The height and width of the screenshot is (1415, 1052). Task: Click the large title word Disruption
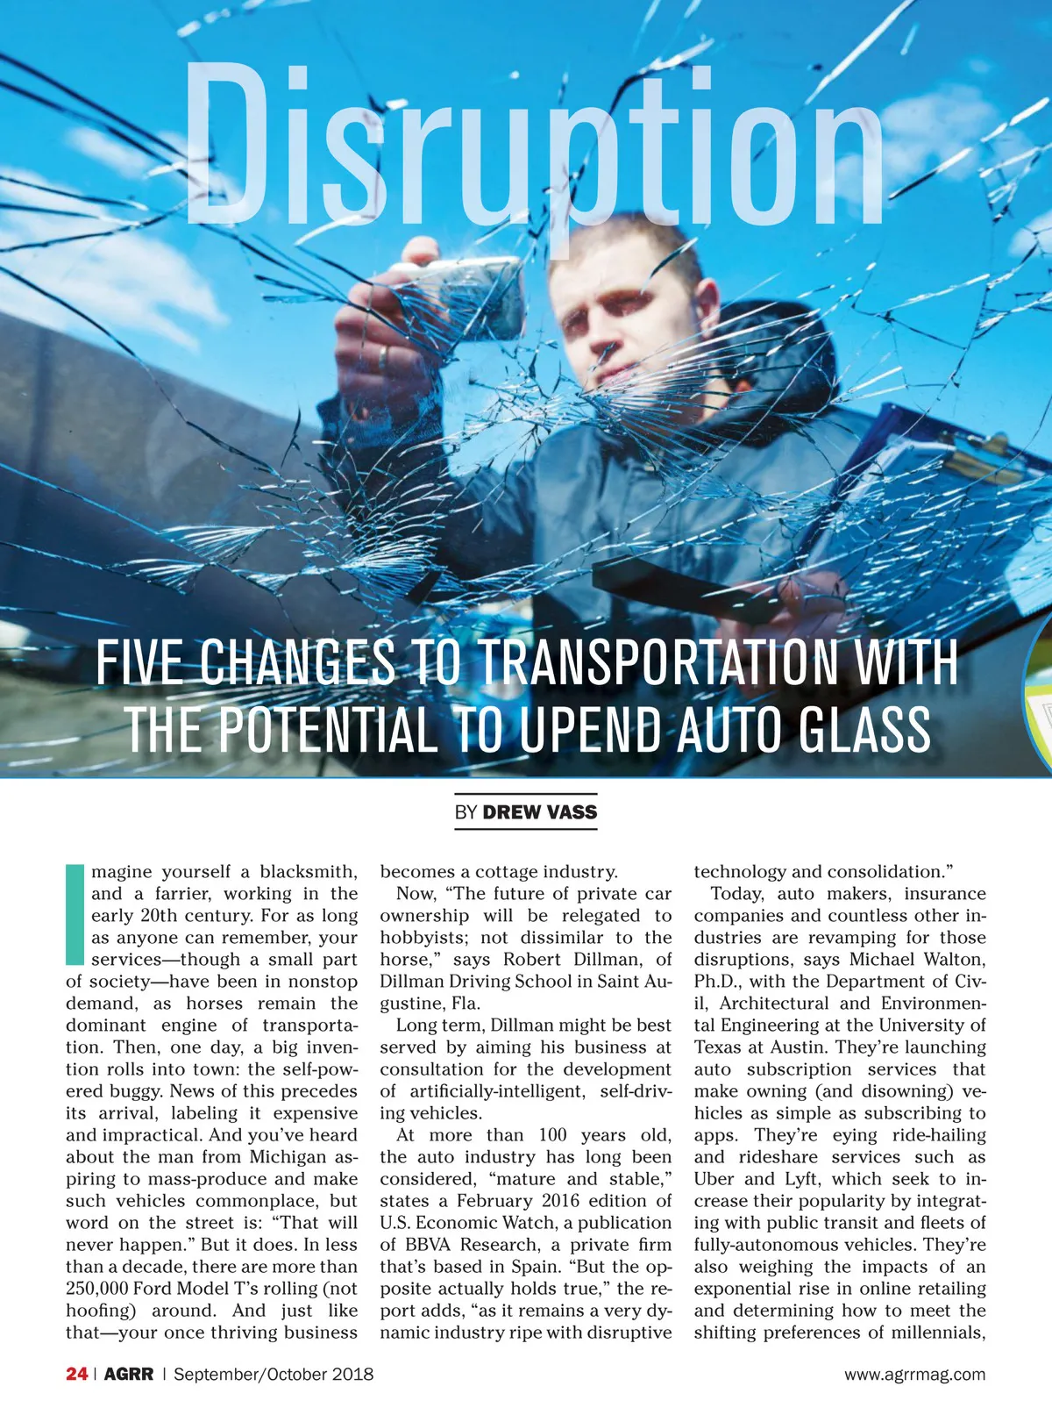point(535,149)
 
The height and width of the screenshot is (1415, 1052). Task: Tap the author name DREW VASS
point(539,812)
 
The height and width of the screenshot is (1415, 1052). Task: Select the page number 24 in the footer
point(76,1375)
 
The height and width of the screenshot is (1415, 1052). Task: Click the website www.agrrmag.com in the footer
point(914,1375)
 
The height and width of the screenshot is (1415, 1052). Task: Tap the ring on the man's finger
point(383,355)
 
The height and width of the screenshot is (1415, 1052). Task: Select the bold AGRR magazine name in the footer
point(129,1375)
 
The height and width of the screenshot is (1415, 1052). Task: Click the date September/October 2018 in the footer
point(274,1375)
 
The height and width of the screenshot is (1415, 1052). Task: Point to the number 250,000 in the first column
point(96,1289)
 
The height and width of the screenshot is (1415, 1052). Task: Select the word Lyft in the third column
point(801,1179)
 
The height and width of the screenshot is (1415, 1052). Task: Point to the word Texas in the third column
point(718,1047)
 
